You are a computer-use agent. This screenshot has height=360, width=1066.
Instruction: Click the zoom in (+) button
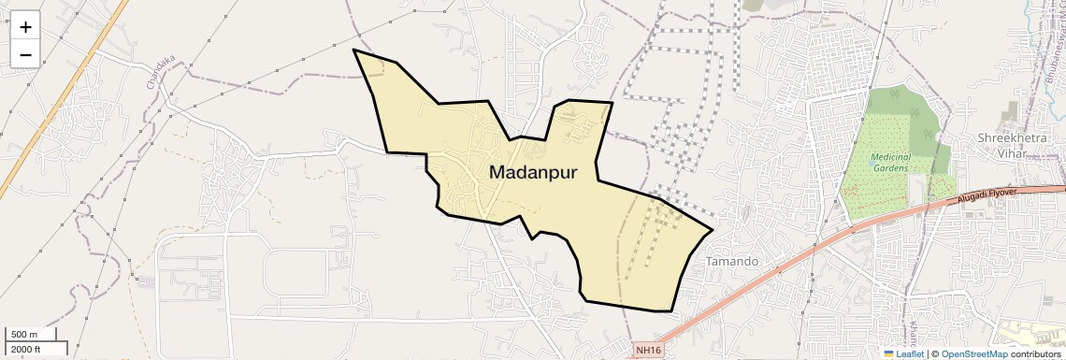25,27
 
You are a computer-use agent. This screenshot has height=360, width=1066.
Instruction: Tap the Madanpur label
533,173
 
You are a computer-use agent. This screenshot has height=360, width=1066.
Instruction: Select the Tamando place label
730,261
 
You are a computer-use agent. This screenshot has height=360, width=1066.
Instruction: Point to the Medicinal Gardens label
889,163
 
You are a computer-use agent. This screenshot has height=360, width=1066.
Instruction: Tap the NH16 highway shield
647,350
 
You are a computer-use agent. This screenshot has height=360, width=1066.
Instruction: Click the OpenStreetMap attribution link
973,353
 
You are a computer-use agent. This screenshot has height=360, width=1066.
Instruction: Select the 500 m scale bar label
24,335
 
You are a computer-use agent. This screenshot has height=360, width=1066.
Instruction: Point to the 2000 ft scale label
25,349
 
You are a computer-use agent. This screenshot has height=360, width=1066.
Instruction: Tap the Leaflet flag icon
888,353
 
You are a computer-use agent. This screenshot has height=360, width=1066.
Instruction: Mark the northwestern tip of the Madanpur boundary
353,50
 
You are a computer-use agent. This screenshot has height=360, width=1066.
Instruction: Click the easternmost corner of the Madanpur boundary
713,229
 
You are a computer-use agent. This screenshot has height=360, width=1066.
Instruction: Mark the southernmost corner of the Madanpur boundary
672,311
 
